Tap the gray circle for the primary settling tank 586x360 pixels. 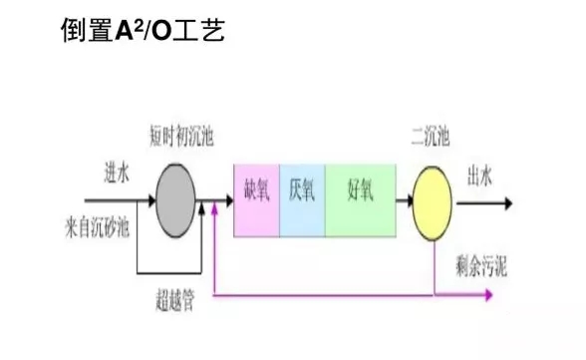[178, 201]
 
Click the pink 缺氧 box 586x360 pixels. [256, 200]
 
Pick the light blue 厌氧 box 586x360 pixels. [302, 200]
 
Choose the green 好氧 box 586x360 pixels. [360, 200]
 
